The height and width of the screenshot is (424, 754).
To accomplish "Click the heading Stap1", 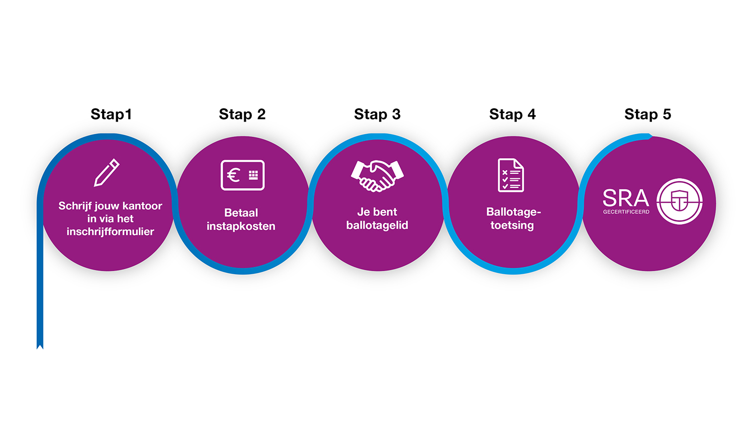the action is pos(111,114).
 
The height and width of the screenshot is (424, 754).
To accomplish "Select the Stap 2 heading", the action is pos(242,114).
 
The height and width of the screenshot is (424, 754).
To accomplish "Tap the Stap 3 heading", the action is pos(378,114).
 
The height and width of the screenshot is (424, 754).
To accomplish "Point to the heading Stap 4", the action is pos(512,114).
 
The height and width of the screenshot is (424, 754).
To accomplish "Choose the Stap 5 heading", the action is pos(647,114).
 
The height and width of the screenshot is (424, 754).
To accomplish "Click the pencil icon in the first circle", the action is pos(107,173).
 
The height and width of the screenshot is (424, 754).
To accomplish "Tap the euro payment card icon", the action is pos(243,175).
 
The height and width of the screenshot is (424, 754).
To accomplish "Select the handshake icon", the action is pos(378,176).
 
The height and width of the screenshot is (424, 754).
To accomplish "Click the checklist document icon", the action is pos(511,175).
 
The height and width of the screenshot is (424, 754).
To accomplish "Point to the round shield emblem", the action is pos(680,201).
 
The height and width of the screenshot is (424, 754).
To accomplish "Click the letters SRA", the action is pos(626,198).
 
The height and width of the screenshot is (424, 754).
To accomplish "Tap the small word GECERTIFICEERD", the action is pos(626,212).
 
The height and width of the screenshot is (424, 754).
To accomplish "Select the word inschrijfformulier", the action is pos(111,232).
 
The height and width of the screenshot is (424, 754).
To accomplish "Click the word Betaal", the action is pos(241,213).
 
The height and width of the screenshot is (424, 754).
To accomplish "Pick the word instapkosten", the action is pos(241,226).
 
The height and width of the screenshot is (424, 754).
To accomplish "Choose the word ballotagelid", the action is pos(378,225).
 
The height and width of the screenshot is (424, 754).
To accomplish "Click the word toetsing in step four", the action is pos(512,225).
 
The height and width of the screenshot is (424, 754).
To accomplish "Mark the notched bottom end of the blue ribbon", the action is pos(40,347).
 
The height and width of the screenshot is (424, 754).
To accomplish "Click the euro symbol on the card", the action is pos(233,175).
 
